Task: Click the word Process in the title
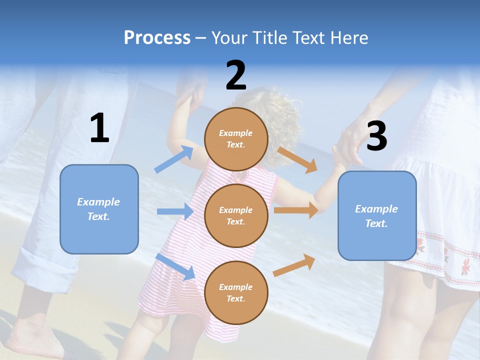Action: tap(157, 38)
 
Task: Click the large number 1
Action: tap(99, 128)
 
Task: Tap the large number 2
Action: tap(236, 75)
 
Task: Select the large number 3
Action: tap(376, 136)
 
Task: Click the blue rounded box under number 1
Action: tap(99, 209)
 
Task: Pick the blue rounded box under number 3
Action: tap(377, 216)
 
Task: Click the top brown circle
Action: tap(236, 139)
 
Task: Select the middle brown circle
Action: tap(236, 215)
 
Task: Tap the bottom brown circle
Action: tap(236, 292)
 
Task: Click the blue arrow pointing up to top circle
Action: tap(174, 159)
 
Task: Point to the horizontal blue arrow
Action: tap(175, 211)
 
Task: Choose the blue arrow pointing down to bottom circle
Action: tap(175, 266)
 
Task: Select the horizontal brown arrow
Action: tap(296, 210)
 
